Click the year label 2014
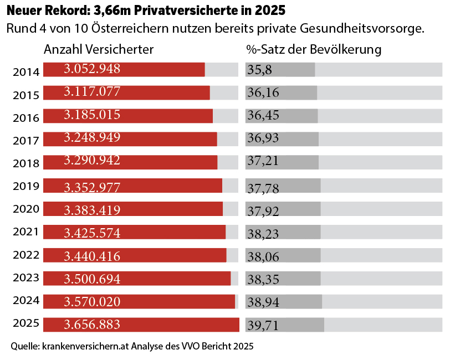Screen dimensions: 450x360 (x=26, y=72)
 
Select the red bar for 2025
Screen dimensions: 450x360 (x=141, y=325)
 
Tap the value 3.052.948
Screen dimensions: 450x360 (x=92, y=69)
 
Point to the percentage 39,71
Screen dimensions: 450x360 (x=263, y=326)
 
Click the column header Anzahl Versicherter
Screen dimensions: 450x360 (x=99, y=49)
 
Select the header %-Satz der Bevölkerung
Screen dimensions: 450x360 (x=314, y=49)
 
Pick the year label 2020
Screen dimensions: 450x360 (x=26, y=209)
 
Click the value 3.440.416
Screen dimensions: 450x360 (x=92, y=256)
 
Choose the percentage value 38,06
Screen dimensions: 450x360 (x=263, y=257)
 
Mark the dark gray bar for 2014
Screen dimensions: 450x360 (x=280, y=70)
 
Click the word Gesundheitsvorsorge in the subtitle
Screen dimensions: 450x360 (x=362, y=29)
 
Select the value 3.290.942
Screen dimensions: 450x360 (x=92, y=161)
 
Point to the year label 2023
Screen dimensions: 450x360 (x=26, y=277)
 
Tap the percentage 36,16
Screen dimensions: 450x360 (x=263, y=92)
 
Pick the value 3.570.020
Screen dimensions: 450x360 (x=92, y=302)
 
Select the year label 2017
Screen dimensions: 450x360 (x=26, y=141)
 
